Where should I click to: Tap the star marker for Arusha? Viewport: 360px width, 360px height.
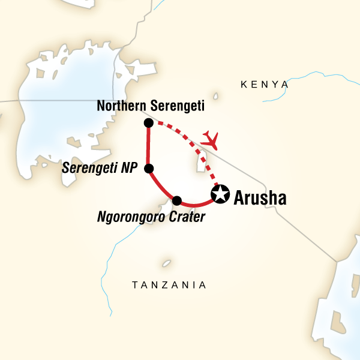tap(221, 194)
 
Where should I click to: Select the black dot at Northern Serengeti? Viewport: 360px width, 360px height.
tap(148, 122)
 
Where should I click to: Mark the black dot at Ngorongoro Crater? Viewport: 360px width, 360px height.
tap(176, 200)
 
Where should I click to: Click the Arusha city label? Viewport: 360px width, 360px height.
tap(260, 197)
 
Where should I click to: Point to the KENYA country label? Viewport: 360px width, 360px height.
tap(264, 85)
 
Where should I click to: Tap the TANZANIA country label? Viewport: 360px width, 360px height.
tap(169, 285)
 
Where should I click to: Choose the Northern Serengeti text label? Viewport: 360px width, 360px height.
tap(151, 106)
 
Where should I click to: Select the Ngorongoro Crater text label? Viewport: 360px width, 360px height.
tap(151, 216)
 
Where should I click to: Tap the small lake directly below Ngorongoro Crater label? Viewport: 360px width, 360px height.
tap(166, 263)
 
